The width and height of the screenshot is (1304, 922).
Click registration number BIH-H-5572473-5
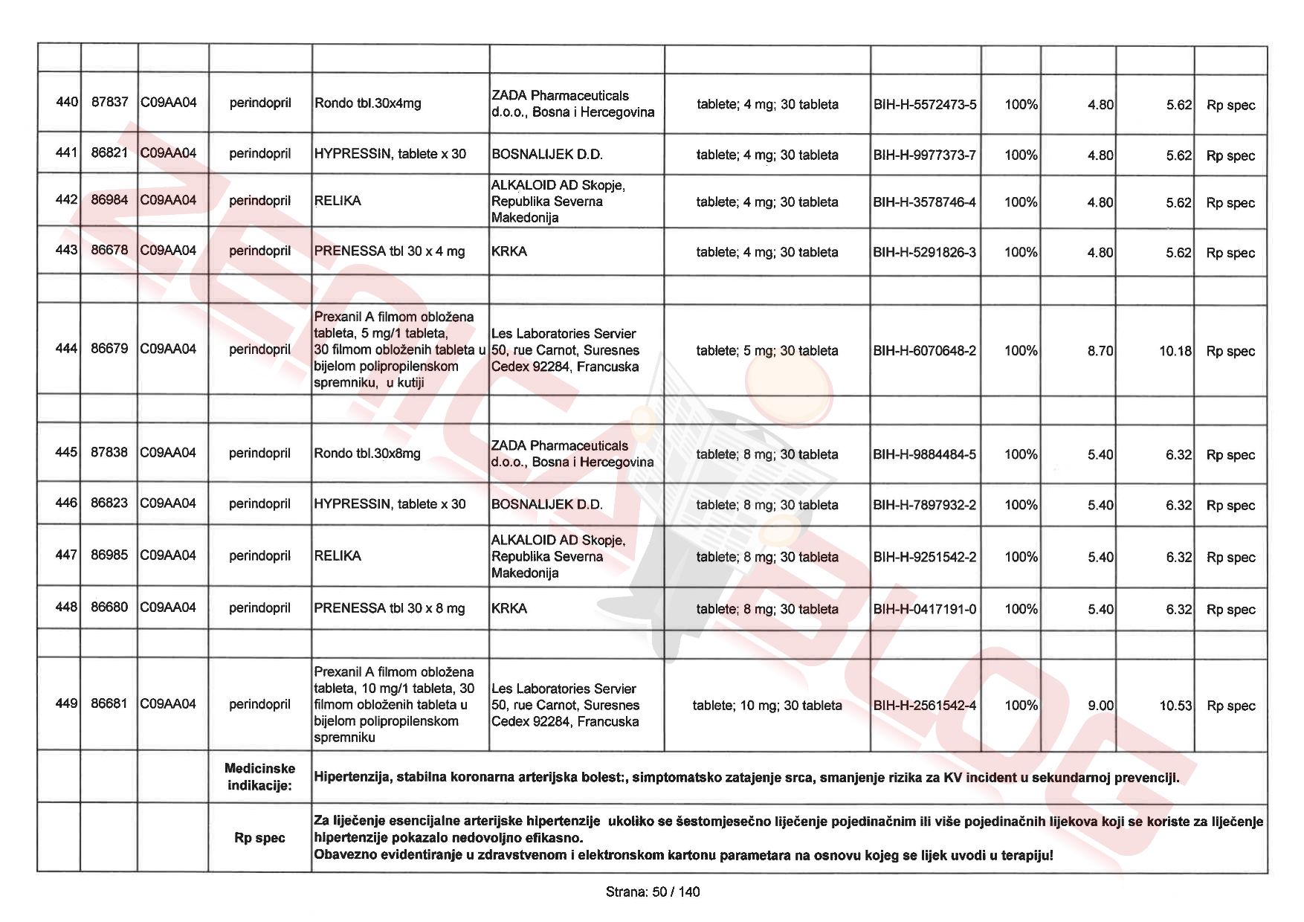(x=925, y=105)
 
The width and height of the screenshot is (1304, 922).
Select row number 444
(x=66, y=349)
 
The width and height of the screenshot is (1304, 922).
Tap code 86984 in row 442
(x=109, y=200)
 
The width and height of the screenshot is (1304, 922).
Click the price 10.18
(x=1175, y=351)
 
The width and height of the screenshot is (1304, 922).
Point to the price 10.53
(x=1175, y=706)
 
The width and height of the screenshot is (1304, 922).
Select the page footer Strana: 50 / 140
(x=653, y=892)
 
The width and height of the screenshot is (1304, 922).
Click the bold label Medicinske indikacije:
(x=260, y=777)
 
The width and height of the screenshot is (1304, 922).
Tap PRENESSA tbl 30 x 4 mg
(x=390, y=251)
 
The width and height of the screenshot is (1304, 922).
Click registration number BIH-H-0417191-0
(x=925, y=609)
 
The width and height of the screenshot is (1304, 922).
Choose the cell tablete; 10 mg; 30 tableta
(x=767, y=706)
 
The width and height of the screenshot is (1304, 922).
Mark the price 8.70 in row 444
(x=1100, y=351)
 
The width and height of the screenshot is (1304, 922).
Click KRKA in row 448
(x=509, y=608)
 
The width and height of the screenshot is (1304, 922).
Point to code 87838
(x=109, y=452)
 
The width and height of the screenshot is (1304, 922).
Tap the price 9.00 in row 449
(x=1100, y=706)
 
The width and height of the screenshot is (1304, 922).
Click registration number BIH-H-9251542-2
(x=925, y=557)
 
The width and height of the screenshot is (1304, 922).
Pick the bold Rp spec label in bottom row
(x=259, y=838)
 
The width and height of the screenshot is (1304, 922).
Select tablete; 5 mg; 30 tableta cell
(x=767, y=351)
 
